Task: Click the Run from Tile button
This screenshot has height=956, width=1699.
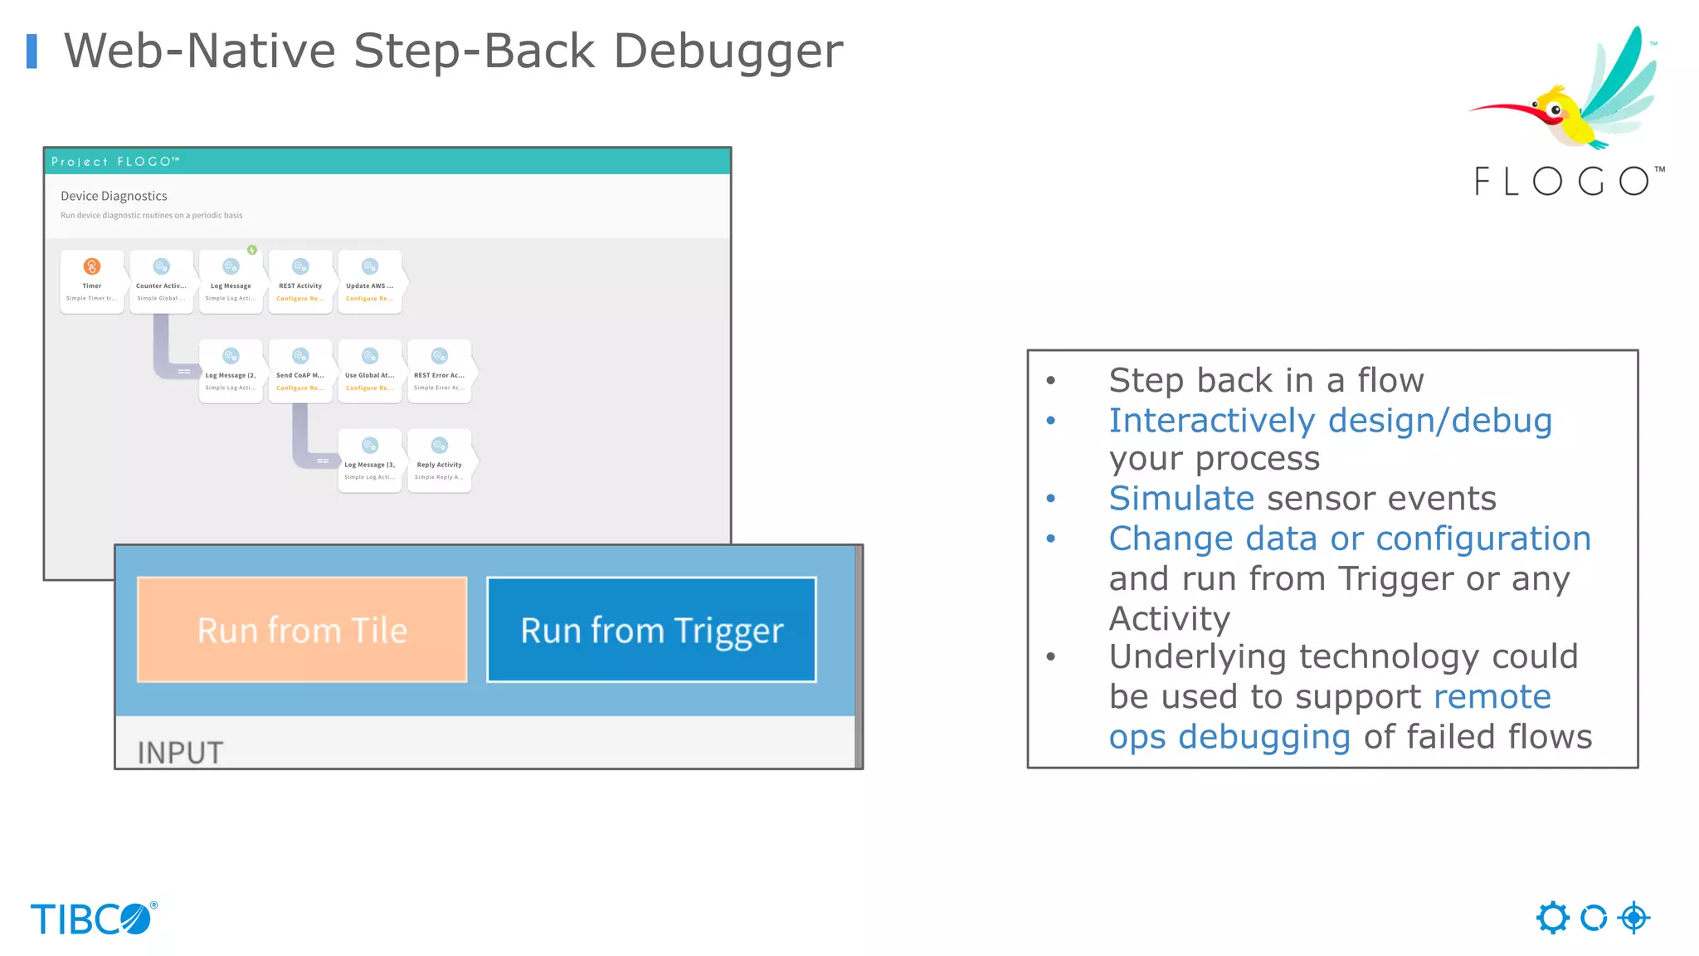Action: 302,630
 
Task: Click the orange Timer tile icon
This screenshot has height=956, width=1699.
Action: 92,266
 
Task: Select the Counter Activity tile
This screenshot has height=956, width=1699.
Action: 161,281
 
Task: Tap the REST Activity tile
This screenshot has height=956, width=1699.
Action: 300,281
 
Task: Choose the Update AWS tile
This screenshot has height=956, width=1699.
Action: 370,281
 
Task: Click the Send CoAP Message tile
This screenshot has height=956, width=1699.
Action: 300,371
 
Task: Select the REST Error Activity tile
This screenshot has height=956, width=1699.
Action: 440,371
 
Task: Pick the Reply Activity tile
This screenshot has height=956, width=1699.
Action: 440,461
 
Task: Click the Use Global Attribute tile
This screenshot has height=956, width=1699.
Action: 370,371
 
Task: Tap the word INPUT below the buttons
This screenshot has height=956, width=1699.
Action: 180,753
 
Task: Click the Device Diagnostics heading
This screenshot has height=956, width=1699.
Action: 114,196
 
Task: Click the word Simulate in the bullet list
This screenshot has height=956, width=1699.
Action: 1181,499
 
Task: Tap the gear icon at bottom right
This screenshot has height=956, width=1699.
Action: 1552,918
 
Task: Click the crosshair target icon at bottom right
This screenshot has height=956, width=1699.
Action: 1633,918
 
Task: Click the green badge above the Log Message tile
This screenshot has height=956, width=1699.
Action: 252,250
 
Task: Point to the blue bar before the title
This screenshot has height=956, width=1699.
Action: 32,51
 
